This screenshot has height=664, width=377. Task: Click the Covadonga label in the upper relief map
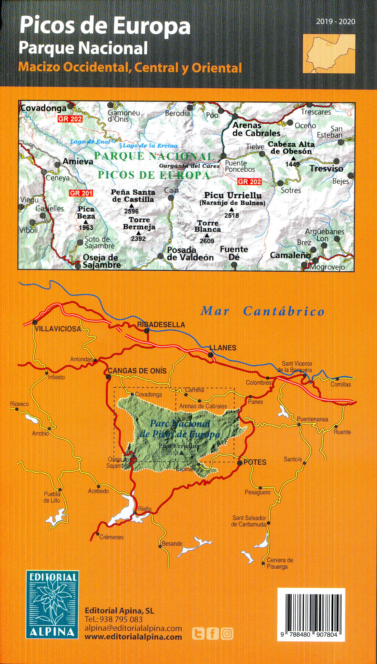pos(44,108)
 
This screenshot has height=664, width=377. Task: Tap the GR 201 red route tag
pos(81,193)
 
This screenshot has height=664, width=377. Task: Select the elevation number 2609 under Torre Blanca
pos(207,241)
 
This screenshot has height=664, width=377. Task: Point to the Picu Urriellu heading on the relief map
pos(233,196)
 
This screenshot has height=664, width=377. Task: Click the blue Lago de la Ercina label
pos(150,145)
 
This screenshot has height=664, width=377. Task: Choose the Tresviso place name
pos(326,168)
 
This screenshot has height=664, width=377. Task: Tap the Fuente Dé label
pos(234,253)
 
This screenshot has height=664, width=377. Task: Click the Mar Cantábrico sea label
pos(262,311)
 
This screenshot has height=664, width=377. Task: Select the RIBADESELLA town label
pos(161,325)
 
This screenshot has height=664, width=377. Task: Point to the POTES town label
pos(255,462)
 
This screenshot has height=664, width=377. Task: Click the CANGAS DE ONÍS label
pos(137,371)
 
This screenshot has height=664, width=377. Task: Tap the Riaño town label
pos(145,509)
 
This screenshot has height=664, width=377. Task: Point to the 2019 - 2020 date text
pos(336,22)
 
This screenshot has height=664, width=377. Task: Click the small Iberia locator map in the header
pos(329,54)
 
